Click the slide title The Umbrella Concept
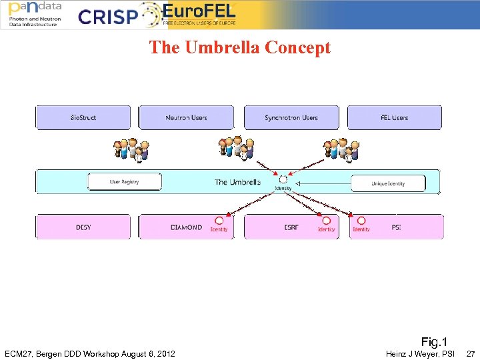[x=239, y=48]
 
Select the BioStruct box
[x=83, y=118]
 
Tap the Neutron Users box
[x=186, y=118]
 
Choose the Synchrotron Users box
[x=291, y=118]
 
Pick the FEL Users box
[x=394, y=118]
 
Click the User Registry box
[x=124, y=181]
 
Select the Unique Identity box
[x=388, y=183]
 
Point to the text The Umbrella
[x=237, y=182]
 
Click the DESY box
[x=83, y=227]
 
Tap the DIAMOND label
[x=186, y=227]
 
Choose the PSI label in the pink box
[x=396, y=227]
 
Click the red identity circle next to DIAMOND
[x=219, y=221]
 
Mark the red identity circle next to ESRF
[x=326, y=221]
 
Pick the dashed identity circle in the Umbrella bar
[x=283, y=179]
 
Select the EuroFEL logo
[x=199, y=14]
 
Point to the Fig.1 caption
[x=434, y=342]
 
